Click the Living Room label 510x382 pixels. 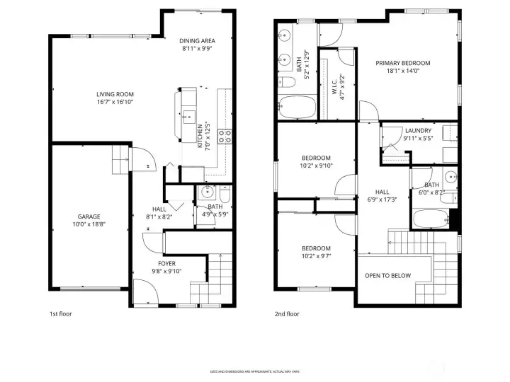coord(115,94)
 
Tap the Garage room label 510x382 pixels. coord(89,216)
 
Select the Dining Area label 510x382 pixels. coord(198,41)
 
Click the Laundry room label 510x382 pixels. coord(418,130)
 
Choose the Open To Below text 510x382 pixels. coord(387,275)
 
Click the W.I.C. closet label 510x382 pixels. coord(334,81)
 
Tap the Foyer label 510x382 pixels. coord(166,263)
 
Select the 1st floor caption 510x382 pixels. coord(60,313)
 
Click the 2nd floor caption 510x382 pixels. coord(287,313)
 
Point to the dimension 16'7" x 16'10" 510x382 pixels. coord(115,103)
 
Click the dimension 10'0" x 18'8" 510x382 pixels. coord(89,225)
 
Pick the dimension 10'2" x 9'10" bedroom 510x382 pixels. coord(316,166)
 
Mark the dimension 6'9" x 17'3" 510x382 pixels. coord(382,200)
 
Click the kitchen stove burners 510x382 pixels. coord(225,136)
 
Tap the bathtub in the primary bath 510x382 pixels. coord(297,108)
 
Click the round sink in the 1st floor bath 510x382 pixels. coord(208,192)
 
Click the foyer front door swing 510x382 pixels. coord(144,291)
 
